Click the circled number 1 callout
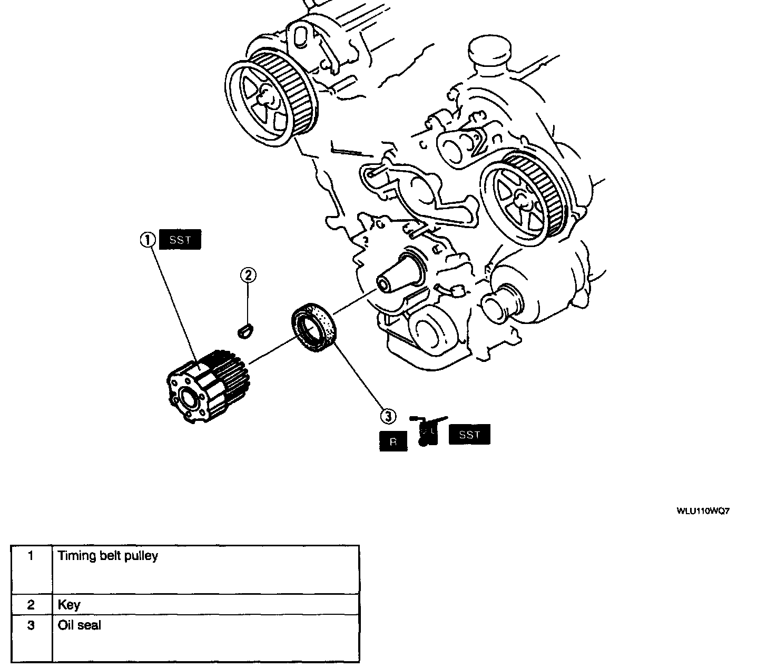coord(148,240)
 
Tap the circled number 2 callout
coord(249,274)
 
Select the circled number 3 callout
coord(388,416)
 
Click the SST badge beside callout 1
coord(180,240)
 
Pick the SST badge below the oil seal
coord(469,435)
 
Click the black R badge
coord(393,442)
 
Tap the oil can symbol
coord(427,431)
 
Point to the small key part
coord(245,332)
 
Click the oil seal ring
coord(313,326)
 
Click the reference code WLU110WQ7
coord(703,511)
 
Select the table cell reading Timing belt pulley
coord(108,556)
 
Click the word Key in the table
coord(69,605)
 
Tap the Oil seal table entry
coord(80,626)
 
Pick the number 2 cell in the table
coord(31,605)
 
